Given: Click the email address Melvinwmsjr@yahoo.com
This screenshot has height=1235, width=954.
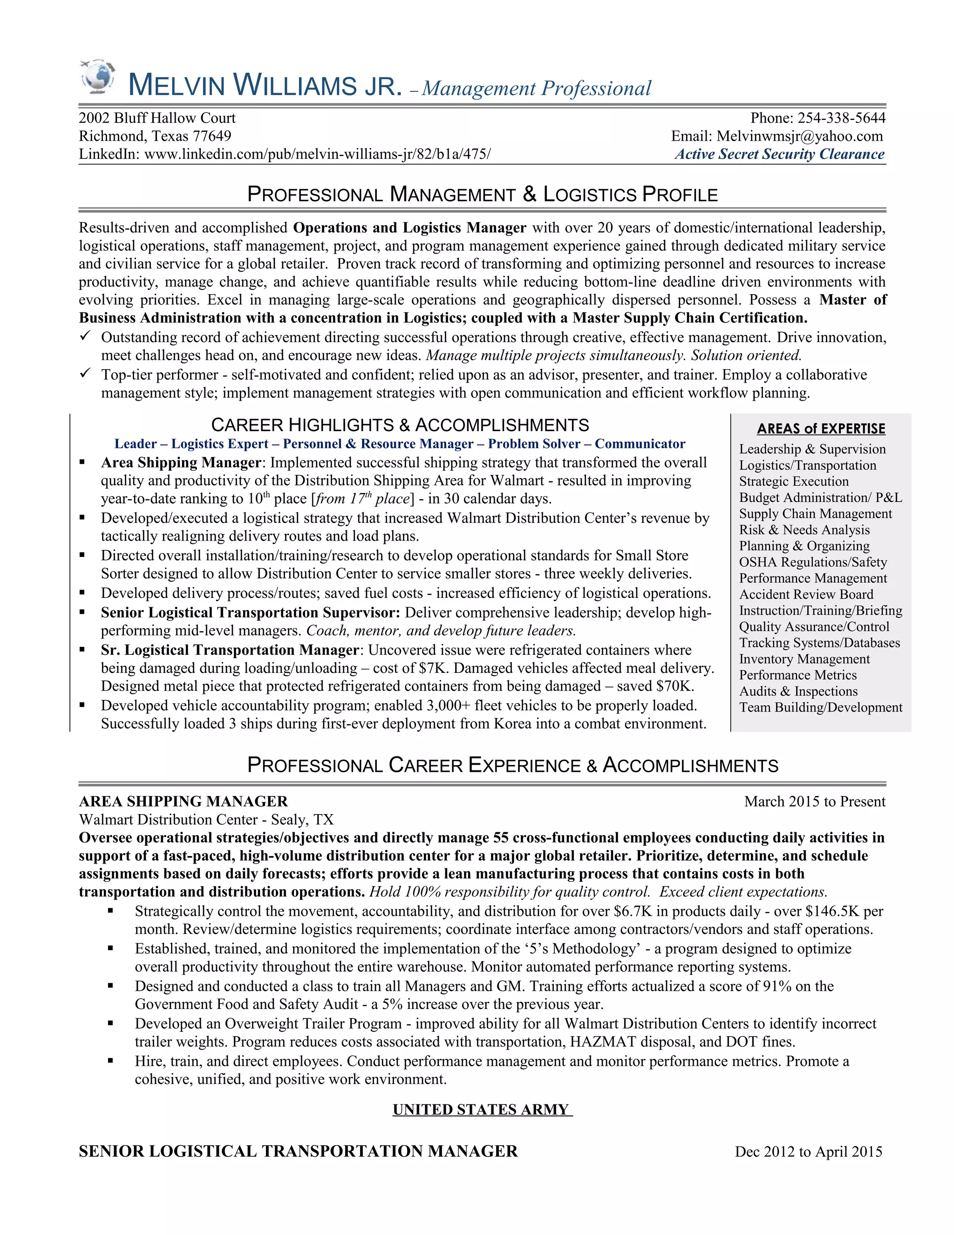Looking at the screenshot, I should [799, 136].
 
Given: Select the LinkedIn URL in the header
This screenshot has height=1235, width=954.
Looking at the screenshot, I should [317, 154].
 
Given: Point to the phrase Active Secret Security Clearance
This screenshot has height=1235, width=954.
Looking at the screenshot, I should [779, 154].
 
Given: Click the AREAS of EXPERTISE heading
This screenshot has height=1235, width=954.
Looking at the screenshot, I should [821, 429].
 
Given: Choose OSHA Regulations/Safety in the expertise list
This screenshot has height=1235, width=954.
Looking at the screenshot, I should [813, 562].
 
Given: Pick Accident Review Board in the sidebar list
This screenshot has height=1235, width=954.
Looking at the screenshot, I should [806, 594].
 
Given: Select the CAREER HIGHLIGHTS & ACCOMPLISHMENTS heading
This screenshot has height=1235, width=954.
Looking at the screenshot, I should [400, 425].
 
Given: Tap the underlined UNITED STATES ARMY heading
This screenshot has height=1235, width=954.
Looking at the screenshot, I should [482, 1110].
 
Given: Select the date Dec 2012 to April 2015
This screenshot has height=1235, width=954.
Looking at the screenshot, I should [808, 1152].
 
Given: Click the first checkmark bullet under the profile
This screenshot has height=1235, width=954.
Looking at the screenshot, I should [85, 336].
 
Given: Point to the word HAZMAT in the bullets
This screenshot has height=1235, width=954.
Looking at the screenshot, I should [602, 1042].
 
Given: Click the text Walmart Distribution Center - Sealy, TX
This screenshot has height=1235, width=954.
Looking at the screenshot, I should [206, 819].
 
